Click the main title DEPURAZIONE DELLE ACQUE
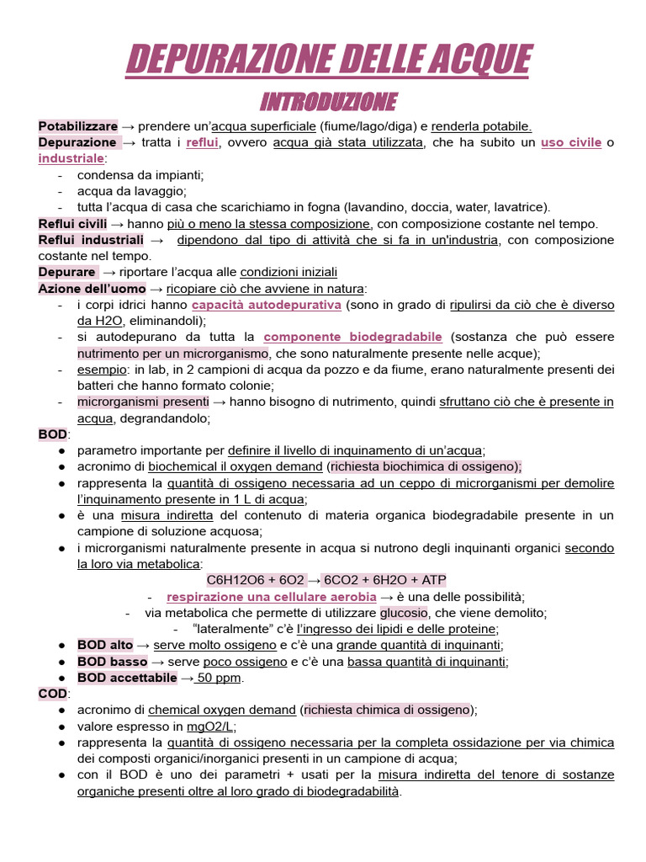(x=328, y=61)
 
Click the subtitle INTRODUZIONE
(x=328, y=103)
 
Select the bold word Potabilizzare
(x=77, y=126)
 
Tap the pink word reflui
(x=202, y=142)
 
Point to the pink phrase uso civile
(x=571, y=142)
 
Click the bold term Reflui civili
(x=72, y=224)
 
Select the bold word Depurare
(x=67, y=272)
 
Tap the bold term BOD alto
(x=104, y=645)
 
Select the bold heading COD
(x=53, y=694)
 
